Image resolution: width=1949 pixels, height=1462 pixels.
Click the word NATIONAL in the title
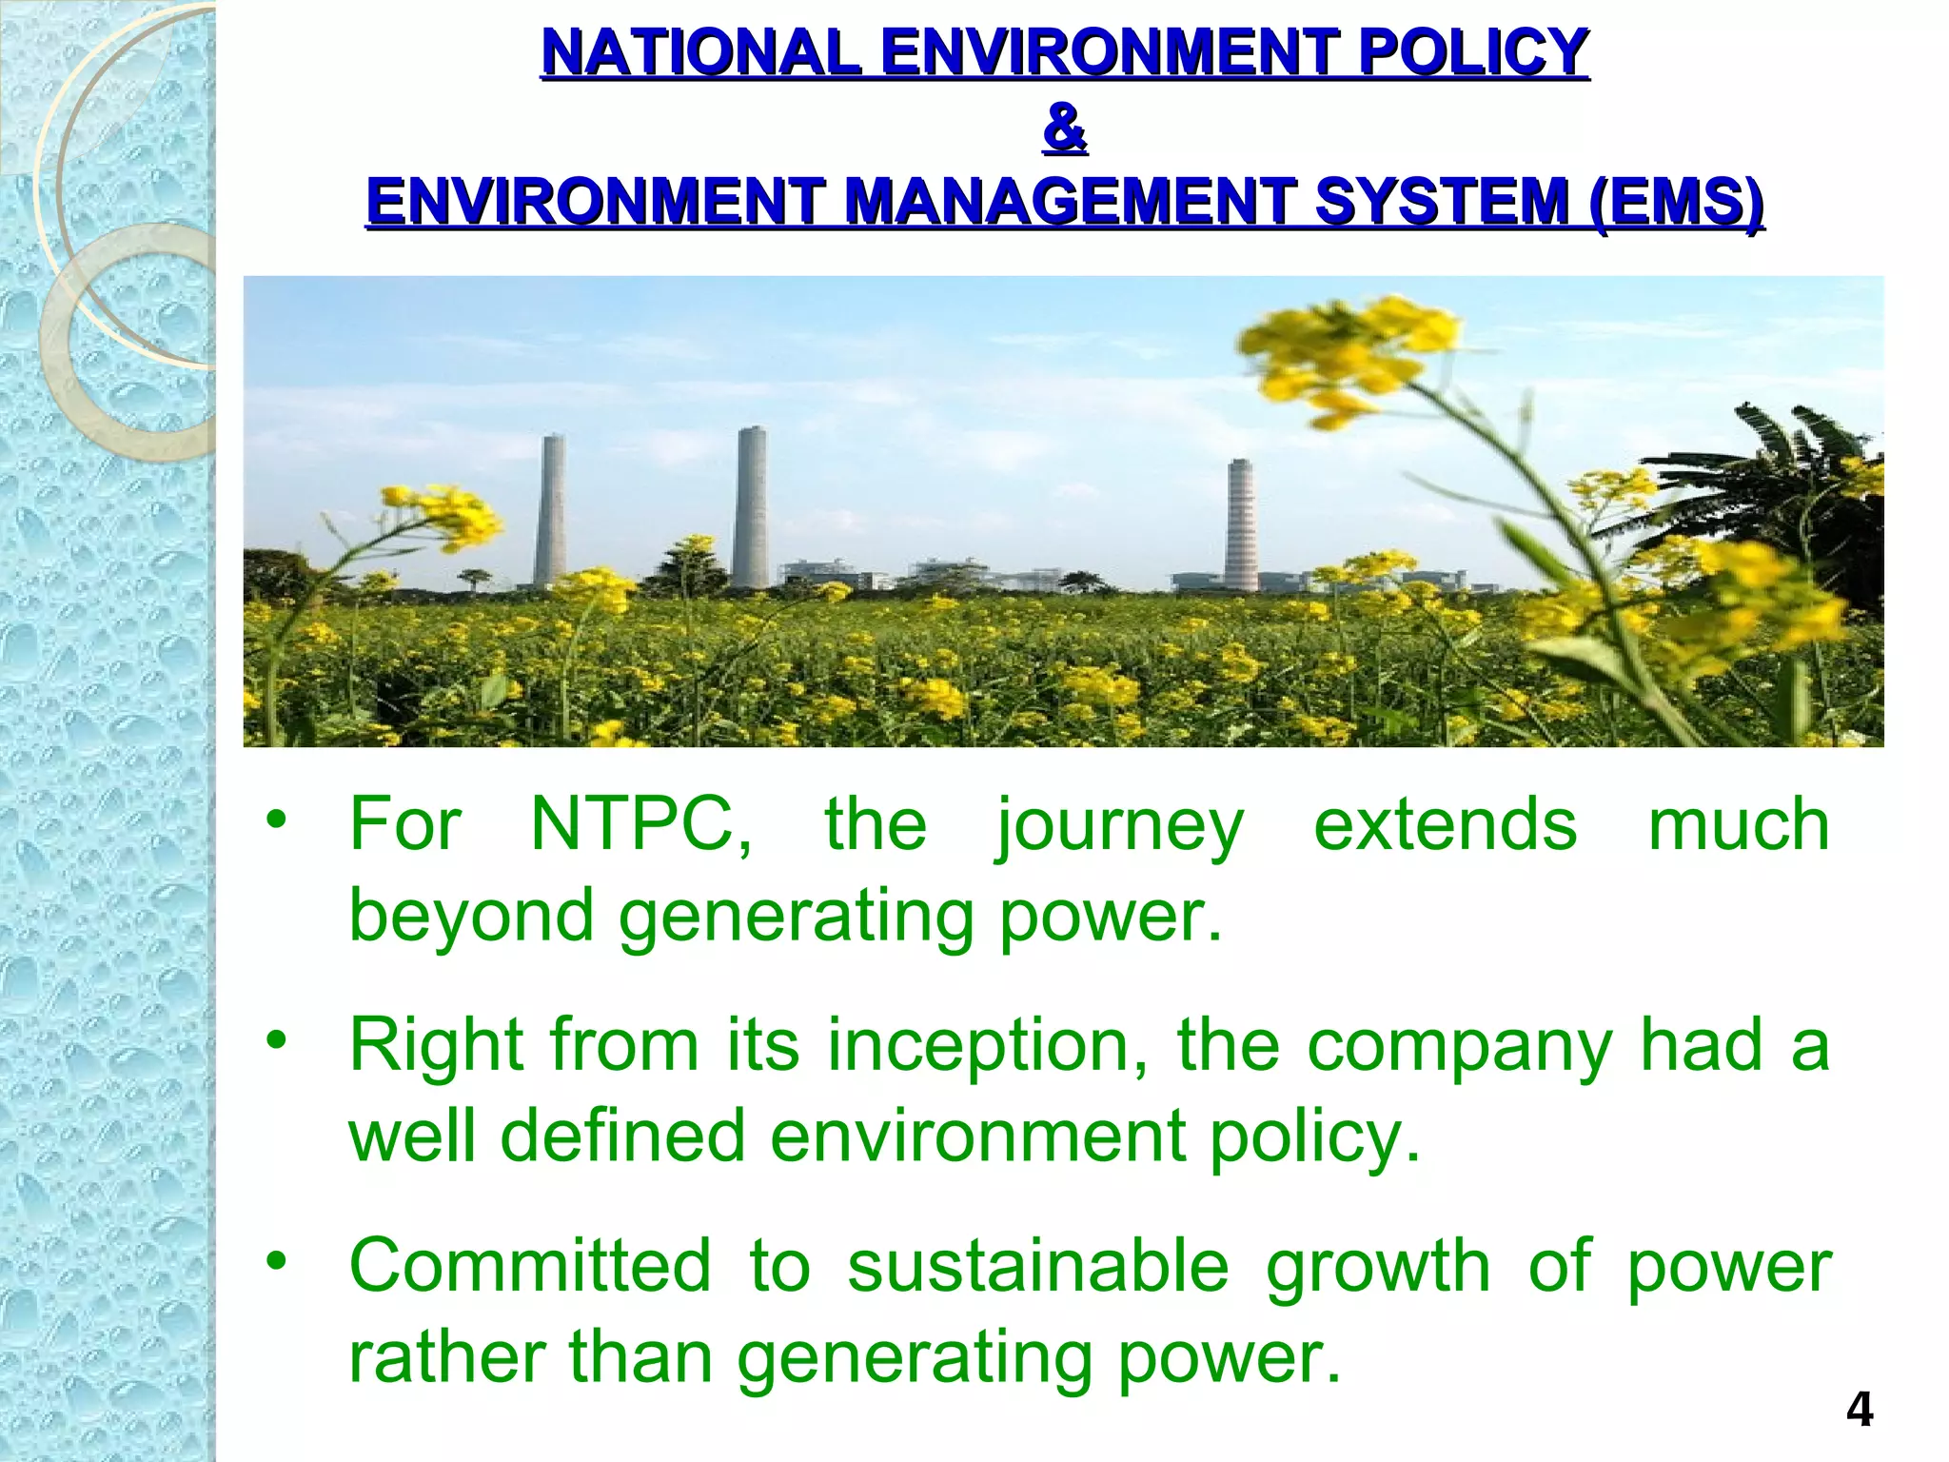coord(700,52)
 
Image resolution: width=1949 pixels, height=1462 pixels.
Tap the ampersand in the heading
coord(1065,128)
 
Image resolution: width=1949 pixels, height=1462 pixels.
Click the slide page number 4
coord(1859,1410)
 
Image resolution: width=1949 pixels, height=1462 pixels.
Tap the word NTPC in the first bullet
coord(640,824)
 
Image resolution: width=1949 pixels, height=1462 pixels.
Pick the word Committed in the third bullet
coord(530,1266)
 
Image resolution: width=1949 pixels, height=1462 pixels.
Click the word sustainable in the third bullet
coord(1038,1266)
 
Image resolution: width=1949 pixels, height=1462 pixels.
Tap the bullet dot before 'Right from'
coord(276,1040)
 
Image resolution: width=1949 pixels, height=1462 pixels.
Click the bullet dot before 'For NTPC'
coord(276,820)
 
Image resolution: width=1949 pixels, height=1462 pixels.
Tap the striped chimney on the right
coord(1240,524)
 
